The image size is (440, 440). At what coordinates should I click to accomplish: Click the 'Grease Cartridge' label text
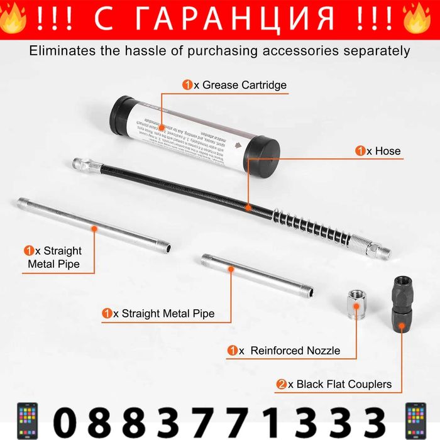click(244, 85)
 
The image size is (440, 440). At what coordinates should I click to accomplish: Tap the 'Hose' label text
click(387, 151)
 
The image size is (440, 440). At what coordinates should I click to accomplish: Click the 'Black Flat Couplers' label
click(344, 384)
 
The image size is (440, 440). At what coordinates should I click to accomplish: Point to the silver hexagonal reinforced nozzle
click(356, 304)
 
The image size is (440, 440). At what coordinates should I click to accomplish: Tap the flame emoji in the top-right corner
click(417, 19)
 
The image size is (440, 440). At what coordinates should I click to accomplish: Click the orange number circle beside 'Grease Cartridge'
click(187, 85)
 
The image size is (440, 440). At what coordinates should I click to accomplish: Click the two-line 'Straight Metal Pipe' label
click(53, 257)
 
